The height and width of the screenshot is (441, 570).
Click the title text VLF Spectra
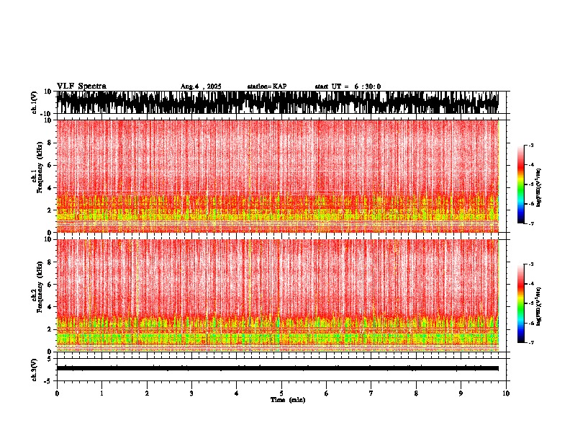(81, 86)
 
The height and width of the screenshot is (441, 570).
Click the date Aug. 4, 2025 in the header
(200, 86)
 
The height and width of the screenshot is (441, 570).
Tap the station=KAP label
(267, 86)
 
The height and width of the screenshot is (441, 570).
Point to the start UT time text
(348, 86)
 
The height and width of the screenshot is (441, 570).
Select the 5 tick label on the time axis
(281, 393)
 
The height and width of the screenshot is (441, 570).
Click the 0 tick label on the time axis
(57, 393)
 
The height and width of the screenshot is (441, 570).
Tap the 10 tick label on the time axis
(506, 393)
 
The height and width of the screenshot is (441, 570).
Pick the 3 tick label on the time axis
(191, 393)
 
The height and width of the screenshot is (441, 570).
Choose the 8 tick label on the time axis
(416, 393)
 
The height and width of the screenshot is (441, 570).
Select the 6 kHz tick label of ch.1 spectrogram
(49, 165)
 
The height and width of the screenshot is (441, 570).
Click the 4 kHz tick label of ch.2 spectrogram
(49, 307)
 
